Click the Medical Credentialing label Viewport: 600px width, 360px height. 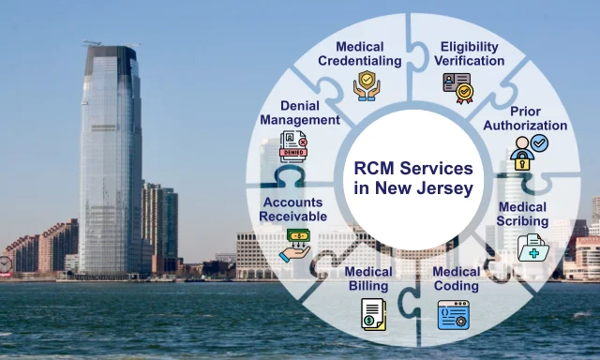click(x=360, y=53)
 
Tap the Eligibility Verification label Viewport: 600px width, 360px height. click(x=469, y=53)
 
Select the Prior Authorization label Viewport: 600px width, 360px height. click(x=525, y=118)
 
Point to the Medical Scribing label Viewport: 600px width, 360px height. click(x=522, y=214)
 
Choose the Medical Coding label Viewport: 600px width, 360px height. click(x=457, y=278)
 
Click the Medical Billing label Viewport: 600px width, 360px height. click(x=368, y=278)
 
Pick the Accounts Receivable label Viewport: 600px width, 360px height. click(x=293, y=209)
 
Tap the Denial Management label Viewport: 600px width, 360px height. click(x=300, y=112)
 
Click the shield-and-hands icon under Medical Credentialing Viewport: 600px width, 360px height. click(x=367, y=85)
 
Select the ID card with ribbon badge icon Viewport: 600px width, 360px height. click(x=458, y=88)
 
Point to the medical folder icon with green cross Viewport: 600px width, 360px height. click(x=533, y=247)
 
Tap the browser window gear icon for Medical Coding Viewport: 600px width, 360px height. click(x=454, y=314)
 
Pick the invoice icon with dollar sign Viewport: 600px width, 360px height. click(x=373, y=314)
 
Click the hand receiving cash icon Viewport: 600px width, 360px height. click(x=294, y=246)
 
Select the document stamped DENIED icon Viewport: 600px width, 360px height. click(x=293, y=146)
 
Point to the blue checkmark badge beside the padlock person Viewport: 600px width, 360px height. click(x=540, y=143)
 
